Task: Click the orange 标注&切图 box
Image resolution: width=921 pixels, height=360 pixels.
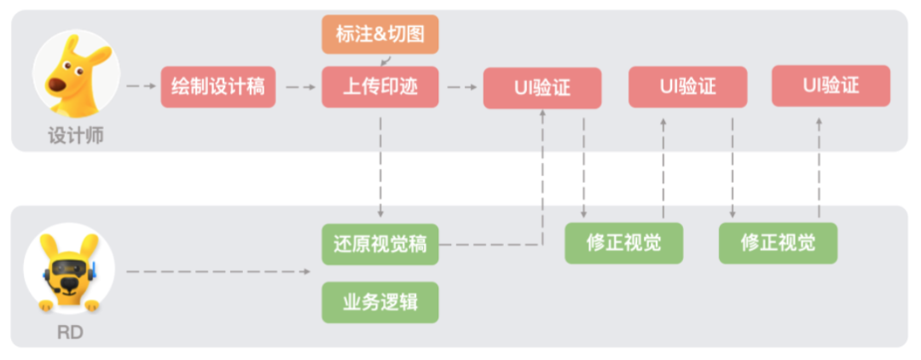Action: (x=380, y=34)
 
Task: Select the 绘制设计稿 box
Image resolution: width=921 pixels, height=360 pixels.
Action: (x=218, y=87)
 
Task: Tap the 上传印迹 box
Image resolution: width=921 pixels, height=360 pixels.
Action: (x=380, y=87)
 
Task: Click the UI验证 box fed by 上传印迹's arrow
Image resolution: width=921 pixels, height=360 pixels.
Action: (x=542, y=88)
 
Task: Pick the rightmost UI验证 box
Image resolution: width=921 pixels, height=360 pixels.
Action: (x=831, y=86)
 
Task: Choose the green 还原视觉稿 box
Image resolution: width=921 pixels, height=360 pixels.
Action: (x=380, y=244)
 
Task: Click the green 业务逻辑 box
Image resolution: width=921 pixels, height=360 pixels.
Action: (x=380, y=303)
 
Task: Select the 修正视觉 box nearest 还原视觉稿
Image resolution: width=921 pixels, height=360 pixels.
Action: (x=623, y=243)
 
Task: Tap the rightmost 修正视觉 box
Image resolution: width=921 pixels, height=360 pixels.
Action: (x=779, y=243)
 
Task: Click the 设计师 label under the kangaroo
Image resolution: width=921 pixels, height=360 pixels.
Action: (x=76, y=136)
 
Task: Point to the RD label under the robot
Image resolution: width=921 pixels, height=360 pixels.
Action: (x=70, y=333)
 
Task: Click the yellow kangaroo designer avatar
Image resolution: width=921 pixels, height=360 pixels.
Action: (x=77, y=75)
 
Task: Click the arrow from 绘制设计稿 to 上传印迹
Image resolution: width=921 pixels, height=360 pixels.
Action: (x=301, y=87)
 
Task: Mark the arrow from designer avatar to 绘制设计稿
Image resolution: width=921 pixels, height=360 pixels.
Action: (x=142, y=86)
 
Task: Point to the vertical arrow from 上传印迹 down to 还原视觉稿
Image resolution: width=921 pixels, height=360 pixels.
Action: (x=380, y=167)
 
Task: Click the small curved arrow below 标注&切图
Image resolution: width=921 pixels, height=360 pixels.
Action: (x=385, y=61)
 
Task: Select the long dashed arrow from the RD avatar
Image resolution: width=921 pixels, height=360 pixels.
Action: (x=218, y=271)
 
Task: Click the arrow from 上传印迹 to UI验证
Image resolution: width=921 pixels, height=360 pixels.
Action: (x=461, y=87)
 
